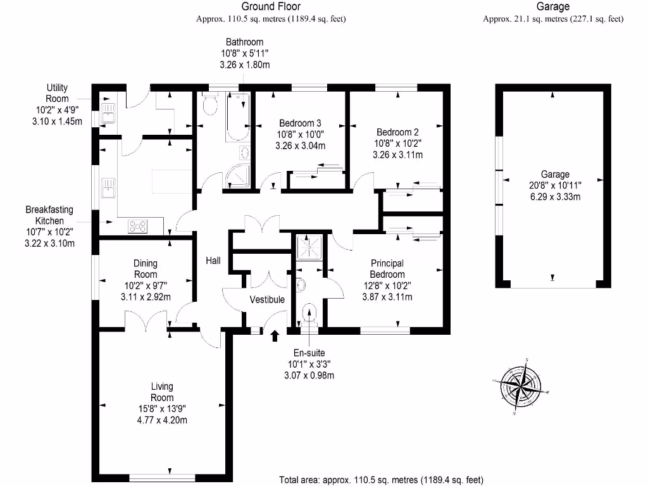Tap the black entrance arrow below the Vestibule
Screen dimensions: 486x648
click(x=275, y=335)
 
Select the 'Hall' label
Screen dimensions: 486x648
click(x=213, y=260)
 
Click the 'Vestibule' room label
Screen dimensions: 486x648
click(x=267, y=299)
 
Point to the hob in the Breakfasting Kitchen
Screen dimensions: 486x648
click(x=138, y=225)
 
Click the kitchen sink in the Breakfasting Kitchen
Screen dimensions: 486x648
click(x=107, y=189)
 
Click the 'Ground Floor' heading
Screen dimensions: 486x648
click(x=271, y=7)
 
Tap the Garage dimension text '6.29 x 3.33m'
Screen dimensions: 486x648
click(x=554, y=197)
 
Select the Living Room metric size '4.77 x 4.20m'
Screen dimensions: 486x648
click(x=161, y=420)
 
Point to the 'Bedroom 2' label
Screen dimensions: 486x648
click(x=397, y=132)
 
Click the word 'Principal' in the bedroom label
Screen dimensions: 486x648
click(x=387, y=263)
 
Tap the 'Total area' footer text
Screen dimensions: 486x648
click(x=381, y=480)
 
